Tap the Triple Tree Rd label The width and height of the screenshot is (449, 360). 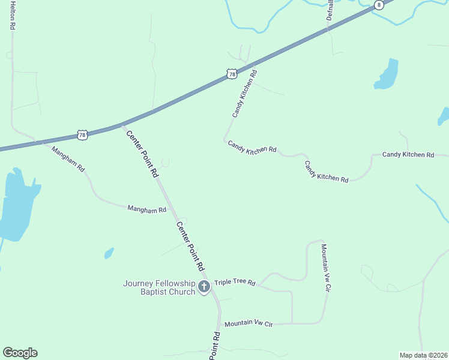click(235, 283)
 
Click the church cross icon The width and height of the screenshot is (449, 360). click(204, 287)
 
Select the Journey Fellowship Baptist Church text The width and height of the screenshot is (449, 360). click(160, 287)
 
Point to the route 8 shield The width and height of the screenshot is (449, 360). click(378, 5)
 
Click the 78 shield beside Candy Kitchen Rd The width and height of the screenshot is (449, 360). click(232, 74)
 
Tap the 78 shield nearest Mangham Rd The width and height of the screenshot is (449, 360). click(83, 135)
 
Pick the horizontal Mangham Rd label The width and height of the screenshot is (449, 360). click(146, 209)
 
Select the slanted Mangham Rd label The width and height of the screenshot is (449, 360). click(68, 159)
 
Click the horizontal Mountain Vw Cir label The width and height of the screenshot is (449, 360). click(249, 323)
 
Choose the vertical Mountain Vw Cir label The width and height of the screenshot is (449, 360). click(326, 268)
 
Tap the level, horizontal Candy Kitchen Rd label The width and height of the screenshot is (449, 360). click(408, 155)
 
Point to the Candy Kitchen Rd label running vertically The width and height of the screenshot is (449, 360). click(244, 94)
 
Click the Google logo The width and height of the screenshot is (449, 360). click(20, 353)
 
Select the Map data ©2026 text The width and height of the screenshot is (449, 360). click(423, 355)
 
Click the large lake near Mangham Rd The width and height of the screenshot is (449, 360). click(17, 201)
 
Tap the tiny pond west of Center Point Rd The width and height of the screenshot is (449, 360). click(109, 253)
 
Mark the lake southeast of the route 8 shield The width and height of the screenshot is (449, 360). click(387, 75)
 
